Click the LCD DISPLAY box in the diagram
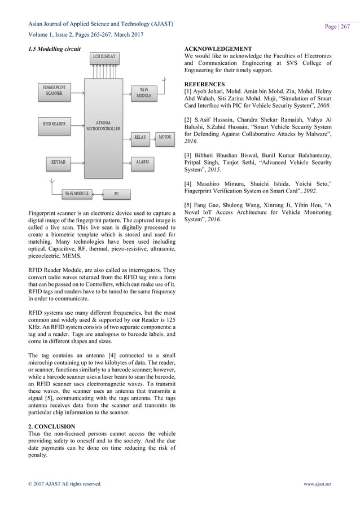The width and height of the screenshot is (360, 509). pyautogui.click(x=104, y=56)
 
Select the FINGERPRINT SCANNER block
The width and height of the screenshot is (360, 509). pyautogui.click(x=55, y=90)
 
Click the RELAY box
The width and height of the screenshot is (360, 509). pyautogui.click(x=141, y=137)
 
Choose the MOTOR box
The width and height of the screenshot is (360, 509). pyautogui.click(x=164, y=137)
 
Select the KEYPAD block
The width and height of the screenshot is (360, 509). pyautogui.click(x=59, y=161)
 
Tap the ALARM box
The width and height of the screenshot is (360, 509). pyautogui.click(x=143, y=161)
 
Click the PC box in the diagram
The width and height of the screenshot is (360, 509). pyautogui.click(x=116, y=193)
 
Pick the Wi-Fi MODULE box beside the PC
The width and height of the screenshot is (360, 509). pyautogui.click(x=77, y=193)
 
